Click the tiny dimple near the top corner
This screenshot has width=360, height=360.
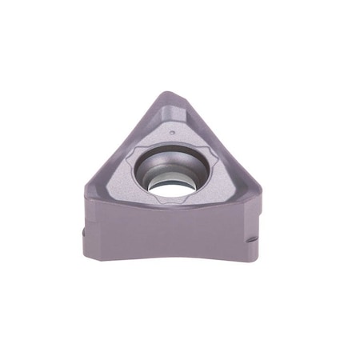[x=173, y=127]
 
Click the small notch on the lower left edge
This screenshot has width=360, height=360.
[x=86, y=232]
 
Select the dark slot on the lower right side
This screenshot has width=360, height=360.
[x=252, y=238]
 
